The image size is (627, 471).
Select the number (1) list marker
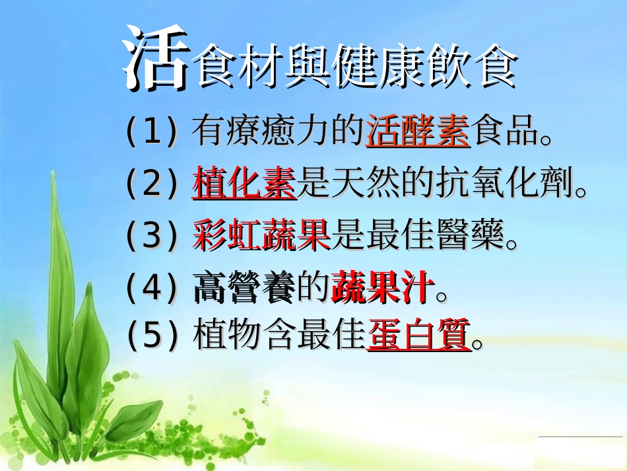152,132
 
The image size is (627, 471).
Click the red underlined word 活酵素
417,131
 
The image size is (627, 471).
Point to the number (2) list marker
152,184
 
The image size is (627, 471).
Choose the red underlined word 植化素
244,184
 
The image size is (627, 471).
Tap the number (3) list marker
152,236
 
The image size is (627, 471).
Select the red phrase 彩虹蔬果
261,236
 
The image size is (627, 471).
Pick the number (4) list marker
152,289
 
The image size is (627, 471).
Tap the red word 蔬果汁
383,289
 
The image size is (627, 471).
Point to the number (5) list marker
152,335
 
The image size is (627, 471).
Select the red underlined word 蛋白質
419,335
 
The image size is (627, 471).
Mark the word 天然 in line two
366,184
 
